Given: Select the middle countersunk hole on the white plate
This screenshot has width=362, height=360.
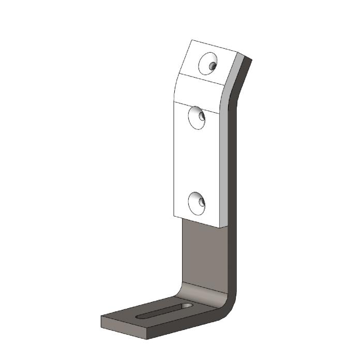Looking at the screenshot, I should point(197,116).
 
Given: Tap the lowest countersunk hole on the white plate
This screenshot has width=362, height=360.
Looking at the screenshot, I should point(197,202).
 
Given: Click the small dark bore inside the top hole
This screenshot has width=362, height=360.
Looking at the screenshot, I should point(213,66).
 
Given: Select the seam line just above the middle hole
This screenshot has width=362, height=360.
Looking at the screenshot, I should point(197,102).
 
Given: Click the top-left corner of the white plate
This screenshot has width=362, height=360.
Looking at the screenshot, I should point(192,40).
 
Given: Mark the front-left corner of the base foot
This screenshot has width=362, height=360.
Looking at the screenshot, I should point(101,320).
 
